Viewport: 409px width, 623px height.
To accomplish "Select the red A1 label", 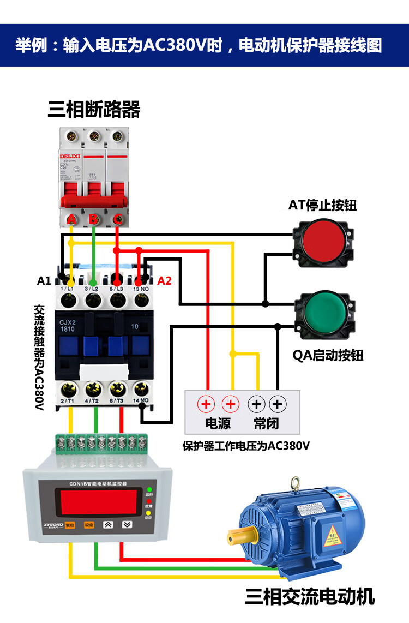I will (x=44, y=281).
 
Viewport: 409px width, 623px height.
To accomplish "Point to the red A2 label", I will (x=164, y=281).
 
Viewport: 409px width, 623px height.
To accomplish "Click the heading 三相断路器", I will (x=94, y=110).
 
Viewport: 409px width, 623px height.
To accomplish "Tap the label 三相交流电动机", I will (x=310, y=596).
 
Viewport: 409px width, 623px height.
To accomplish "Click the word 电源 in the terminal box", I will (x=218, y=423).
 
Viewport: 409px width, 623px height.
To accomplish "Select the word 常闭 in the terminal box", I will (x=267, y=423).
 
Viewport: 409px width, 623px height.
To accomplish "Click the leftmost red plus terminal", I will (x=206, y=404).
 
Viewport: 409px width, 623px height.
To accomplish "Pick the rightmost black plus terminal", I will (x=278, y=404).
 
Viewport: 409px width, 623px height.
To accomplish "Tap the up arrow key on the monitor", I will (x=108, y=525).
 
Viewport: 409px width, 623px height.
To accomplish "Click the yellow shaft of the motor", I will (x=243, y=537).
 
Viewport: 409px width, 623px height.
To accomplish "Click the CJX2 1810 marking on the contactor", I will (x=68, y=325).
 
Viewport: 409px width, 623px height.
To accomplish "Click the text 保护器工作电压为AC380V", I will (x=246, y=446).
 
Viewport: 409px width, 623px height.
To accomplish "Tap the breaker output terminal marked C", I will (x=117, y=220).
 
